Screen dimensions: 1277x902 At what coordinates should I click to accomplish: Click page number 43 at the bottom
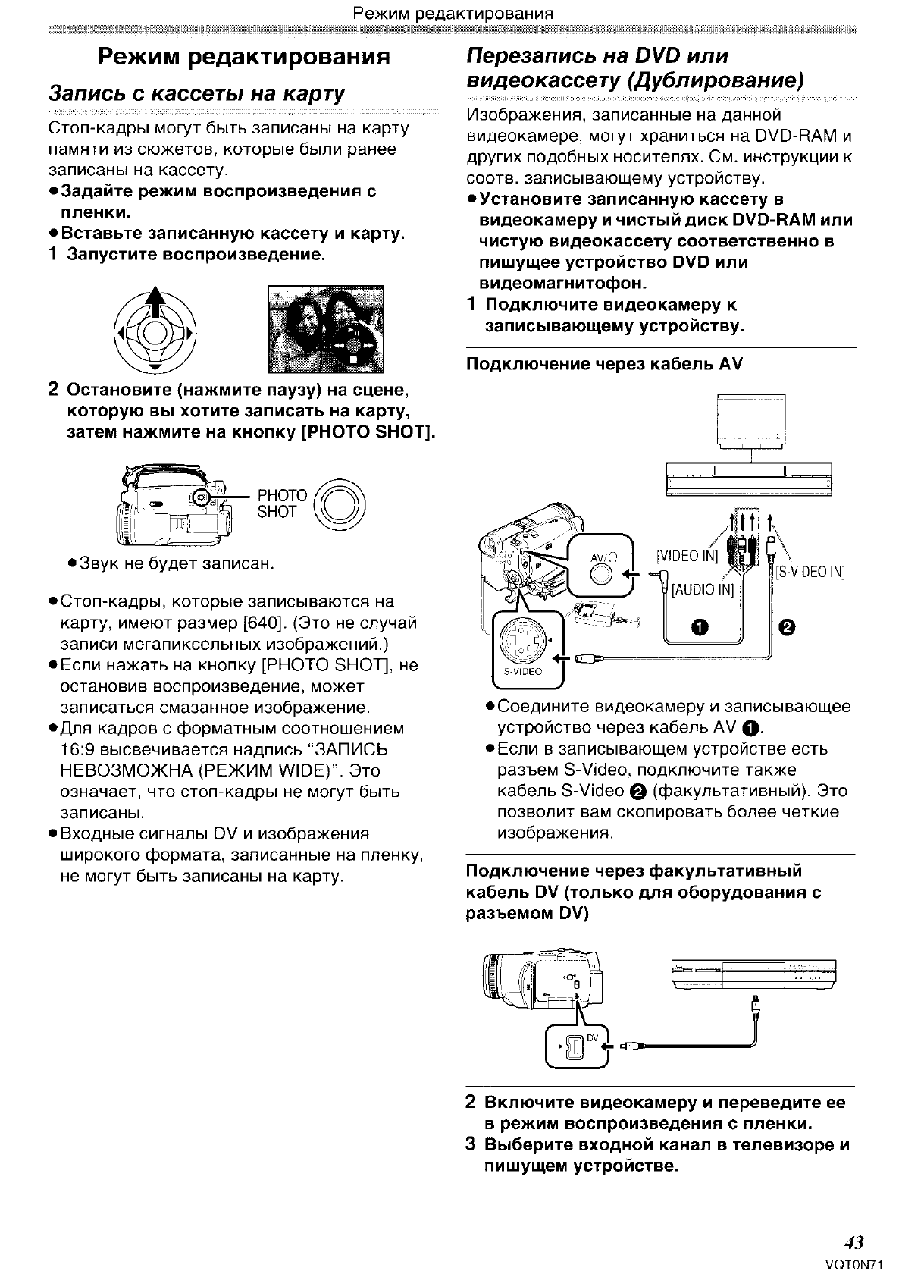click(854, 1242)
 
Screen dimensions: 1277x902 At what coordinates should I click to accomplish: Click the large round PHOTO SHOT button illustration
click(340, 504)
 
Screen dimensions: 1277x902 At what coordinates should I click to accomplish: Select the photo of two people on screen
click(325, 330)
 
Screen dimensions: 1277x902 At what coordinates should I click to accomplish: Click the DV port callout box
click(575, 1046)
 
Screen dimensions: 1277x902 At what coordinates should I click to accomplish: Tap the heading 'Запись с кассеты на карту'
click(196, 94)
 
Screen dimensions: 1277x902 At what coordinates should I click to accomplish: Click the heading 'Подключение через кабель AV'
click(603, 364)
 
